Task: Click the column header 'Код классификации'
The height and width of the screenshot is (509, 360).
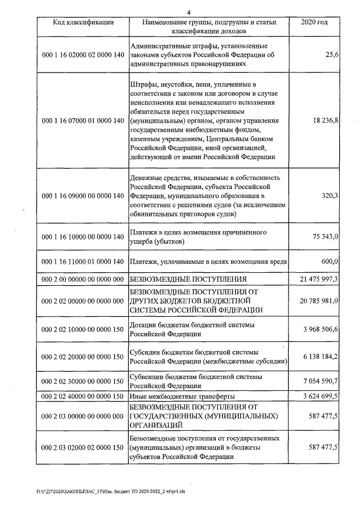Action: tap(83, 22)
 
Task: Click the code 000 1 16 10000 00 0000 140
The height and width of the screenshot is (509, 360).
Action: tap(83, 237)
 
